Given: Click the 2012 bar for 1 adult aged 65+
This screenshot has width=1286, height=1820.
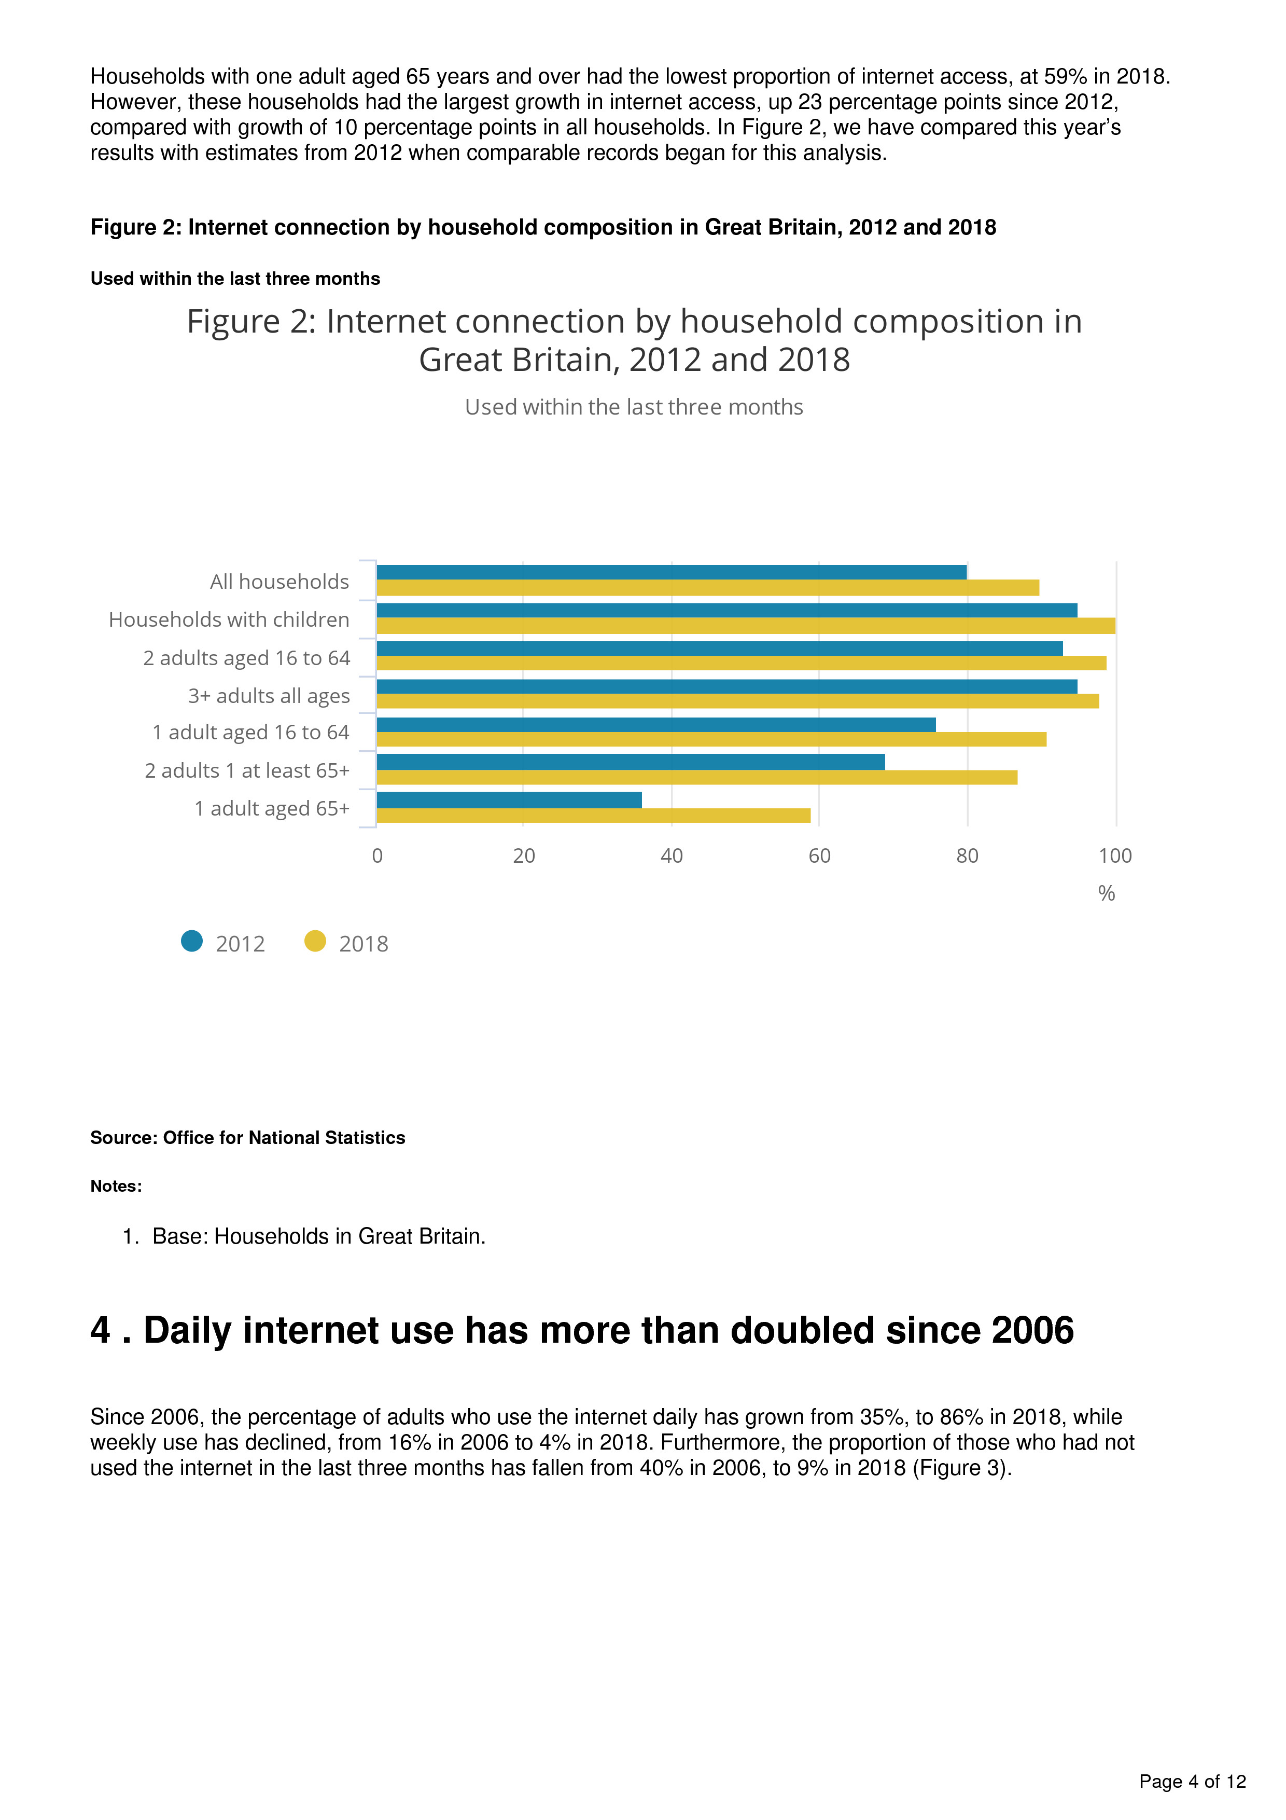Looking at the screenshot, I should pyautogui.click(x=509, y=800).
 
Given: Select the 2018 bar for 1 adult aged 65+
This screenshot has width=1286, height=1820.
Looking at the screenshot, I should pyautogui.click(x=593, y=815).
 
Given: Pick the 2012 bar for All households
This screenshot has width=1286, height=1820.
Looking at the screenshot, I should pyautogui.click(x=671, y=572).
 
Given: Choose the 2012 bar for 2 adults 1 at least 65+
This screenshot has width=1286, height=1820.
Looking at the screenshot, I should pyautogui.click(x=630, y=762).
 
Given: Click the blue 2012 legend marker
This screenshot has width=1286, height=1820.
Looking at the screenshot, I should pyautogui.click(x=192, y=941).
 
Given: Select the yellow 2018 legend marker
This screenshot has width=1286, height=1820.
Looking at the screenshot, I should pyautogui.click(x=315, y=941).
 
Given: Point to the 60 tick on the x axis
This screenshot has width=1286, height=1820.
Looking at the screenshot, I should pyautogui.click(x=819, y=856).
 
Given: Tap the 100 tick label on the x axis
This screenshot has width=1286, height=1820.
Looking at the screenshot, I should pyautogui.click(x=1115, y=856).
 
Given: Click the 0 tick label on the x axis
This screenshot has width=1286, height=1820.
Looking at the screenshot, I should pyautogui.click(x=377, y=856).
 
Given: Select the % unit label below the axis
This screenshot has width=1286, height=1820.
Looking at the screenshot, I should pyautogui.click(x=1106, y=893).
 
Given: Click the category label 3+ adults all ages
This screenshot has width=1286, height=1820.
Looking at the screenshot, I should pyautogui.click(x=269, y=696).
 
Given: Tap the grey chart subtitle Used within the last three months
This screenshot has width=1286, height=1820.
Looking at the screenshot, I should pyautogui.click(x=634, y=407).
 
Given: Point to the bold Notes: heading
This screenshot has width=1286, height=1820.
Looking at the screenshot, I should pyautogui.click(x=116, y=1186).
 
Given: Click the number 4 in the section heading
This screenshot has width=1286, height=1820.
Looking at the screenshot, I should pyautogui.click(x=101, y=1330).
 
